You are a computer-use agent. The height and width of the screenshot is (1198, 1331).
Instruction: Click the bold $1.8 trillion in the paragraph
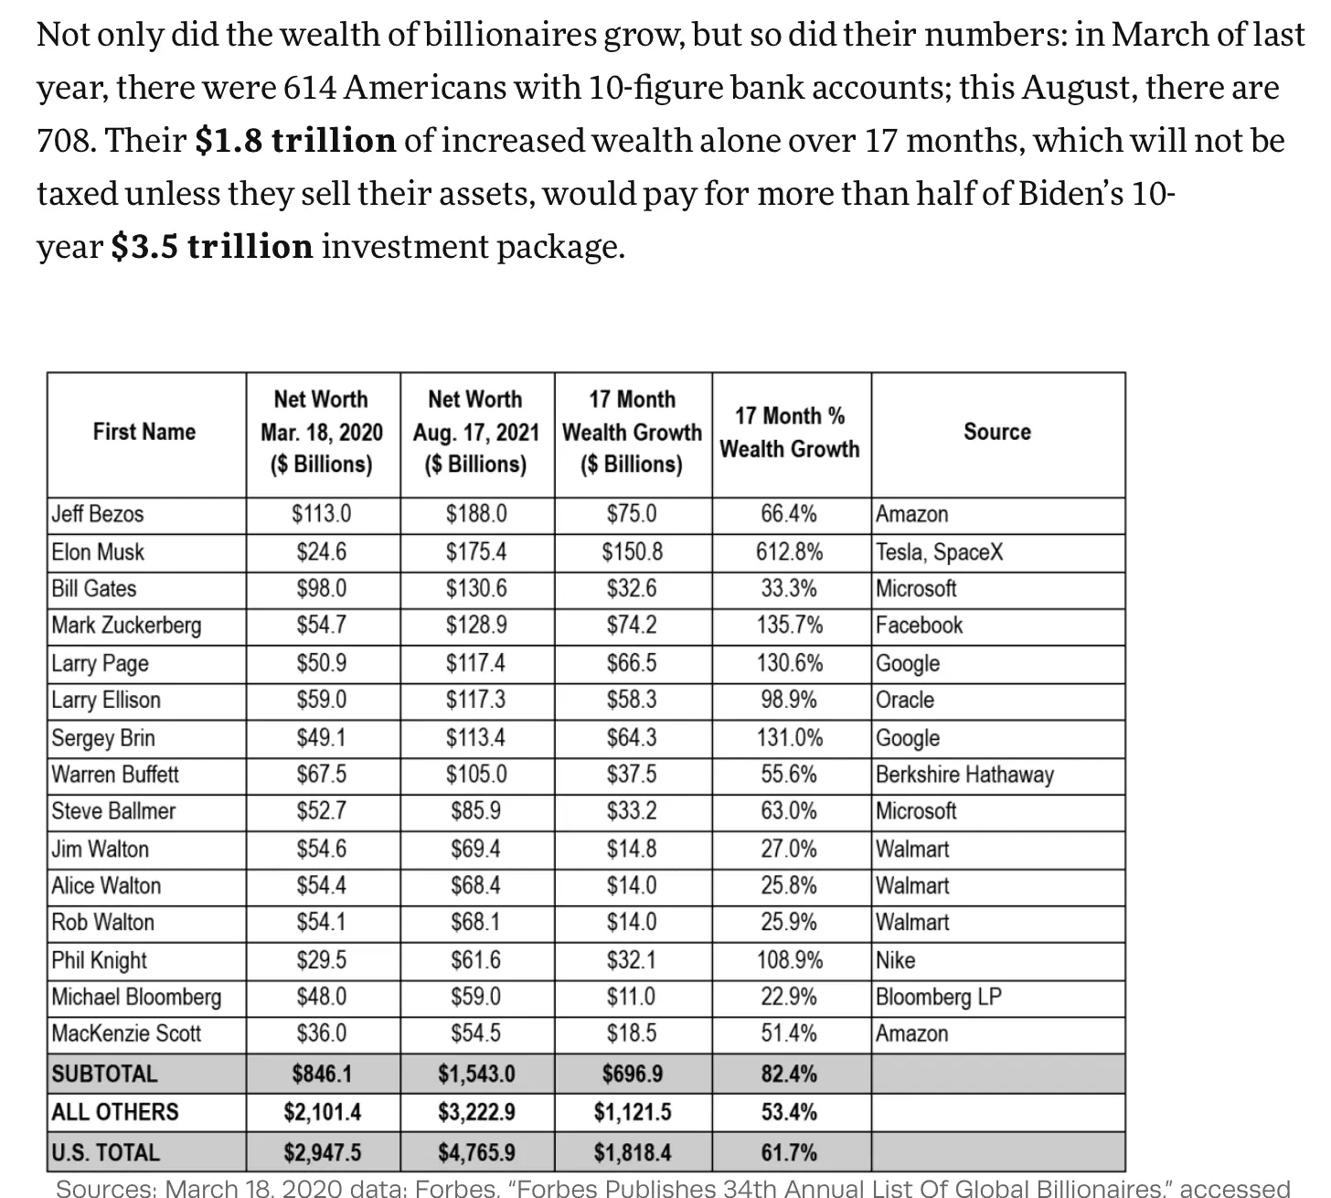pyautogui.click(x=295, y=141)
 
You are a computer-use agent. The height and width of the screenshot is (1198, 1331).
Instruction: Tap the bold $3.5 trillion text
pyautogui.click(x=211, y=247)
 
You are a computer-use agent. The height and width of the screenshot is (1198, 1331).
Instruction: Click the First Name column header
pyautogui.click(x=144, y=432)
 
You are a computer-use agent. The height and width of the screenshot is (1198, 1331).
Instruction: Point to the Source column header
pyautogui.click(x=996, y=432)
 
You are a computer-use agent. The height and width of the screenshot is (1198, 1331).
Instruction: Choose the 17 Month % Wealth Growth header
pyautogui.click(x=790, y=433)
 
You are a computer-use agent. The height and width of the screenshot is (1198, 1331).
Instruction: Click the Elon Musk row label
pyautogui.click(x=98, y=552)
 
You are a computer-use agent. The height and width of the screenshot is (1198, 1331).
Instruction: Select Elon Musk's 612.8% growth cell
pyautogui.click(x=790, y=552)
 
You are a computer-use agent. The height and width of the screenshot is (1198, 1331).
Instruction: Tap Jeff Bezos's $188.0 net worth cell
pyautogui.click(x=476, y=514)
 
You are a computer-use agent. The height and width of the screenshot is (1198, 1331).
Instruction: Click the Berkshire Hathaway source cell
pyautogui.click(x=964, y=775)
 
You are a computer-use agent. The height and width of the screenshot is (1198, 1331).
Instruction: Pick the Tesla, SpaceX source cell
pyautogui.click(x=939, y=552)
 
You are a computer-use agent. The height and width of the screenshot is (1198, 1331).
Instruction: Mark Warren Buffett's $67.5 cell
pyautogui.click(x=322, y=775)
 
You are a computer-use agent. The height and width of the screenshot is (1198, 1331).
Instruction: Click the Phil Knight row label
pyautogui.click(x=99, y=960)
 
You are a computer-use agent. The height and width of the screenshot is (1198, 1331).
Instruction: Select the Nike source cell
pyautogui.click(x=895, y=960)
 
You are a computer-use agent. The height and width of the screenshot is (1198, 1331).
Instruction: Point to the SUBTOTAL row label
pyautogui.click(x=104, y=1074)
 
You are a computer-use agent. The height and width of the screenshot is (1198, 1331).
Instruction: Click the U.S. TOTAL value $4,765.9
pyautogui.click(x=476, y=1152)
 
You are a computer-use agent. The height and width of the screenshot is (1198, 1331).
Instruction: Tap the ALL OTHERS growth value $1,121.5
pyautogui.click(x=633, y=1112)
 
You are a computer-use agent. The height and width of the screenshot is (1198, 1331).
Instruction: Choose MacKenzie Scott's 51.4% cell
pyautogui.click(x=790, y=1033)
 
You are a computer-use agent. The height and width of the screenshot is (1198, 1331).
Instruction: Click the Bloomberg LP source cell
pyautogui.click(x=938, y=996)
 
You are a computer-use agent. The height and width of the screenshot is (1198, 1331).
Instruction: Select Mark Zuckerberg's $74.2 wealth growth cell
pyautogui.click(x=633, y=626)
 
